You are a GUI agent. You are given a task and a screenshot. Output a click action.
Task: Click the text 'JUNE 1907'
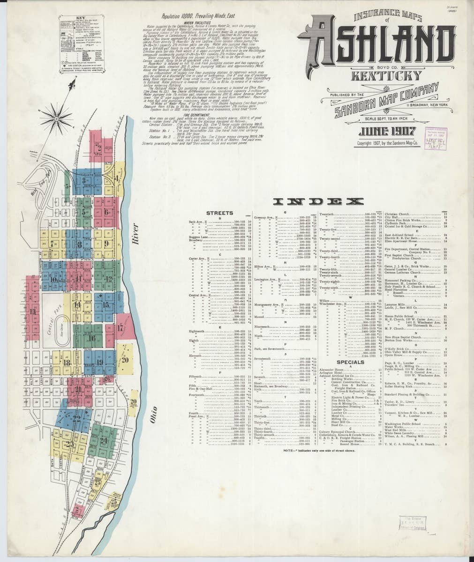point(376,131)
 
